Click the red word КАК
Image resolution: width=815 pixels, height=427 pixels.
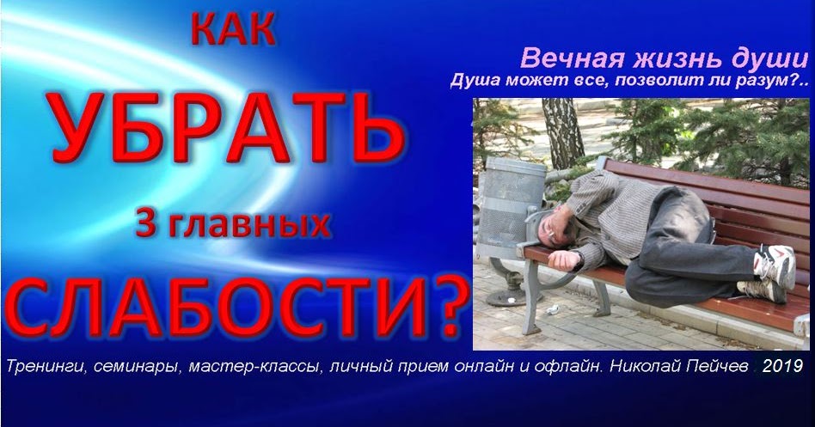pyautogui.click(x=233, y=31)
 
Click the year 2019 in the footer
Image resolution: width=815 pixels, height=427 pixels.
pyautogui.click(x=781, y=365)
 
